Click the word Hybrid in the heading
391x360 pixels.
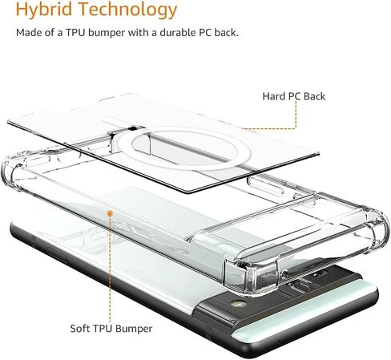[x=44, y=10]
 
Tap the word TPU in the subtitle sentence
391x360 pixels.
[x=75, y=33]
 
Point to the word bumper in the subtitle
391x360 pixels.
[x=107, y=33]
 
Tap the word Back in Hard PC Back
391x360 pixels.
[x=315, y=96]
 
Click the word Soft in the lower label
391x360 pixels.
[x=79, y=328]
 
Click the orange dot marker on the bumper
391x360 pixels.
[x=110, y=213]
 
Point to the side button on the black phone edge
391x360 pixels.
[x=58, y=253]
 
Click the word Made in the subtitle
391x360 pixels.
[x=28, y=33]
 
